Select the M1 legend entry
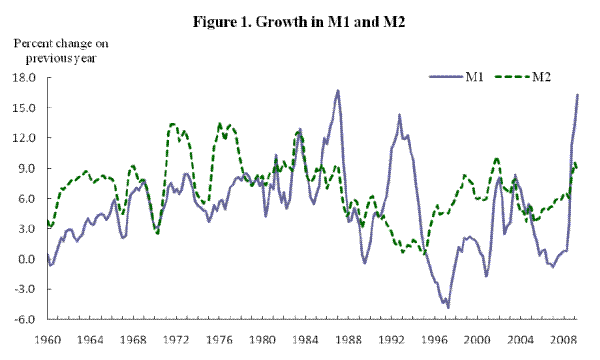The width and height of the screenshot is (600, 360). [x=474, y=76]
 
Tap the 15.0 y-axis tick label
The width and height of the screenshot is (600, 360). [x=25, y=108]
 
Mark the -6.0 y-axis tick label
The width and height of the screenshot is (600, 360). [x=26, y=320]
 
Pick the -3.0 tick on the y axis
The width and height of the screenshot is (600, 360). [x=26, y=290]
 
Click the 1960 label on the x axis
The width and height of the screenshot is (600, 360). [x=47, y=339]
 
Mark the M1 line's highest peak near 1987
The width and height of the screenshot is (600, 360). [x=338, y=90]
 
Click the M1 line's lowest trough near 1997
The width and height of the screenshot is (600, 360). [x=448, y=307]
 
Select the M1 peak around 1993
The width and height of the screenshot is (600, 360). [x=399, y=115]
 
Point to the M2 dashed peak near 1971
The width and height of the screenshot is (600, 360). [x=172, y=124]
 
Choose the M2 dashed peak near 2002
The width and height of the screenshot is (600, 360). [x=496, y=158]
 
